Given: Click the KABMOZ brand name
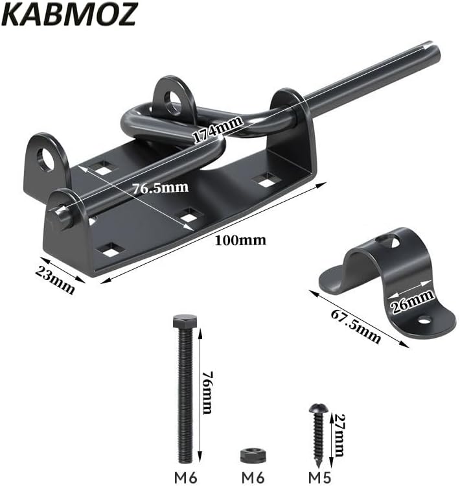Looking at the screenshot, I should click(x=70, y=14).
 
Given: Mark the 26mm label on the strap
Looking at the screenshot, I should click(x=413, y=300).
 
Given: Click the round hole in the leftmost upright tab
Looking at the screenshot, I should click(x=45, y=159).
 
